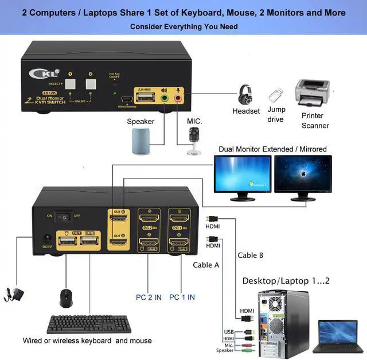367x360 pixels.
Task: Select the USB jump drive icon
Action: point(276,94)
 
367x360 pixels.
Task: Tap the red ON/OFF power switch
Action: point(65,217)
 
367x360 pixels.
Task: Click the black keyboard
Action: point(89,323)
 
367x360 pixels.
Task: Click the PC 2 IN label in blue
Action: point(148,297)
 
